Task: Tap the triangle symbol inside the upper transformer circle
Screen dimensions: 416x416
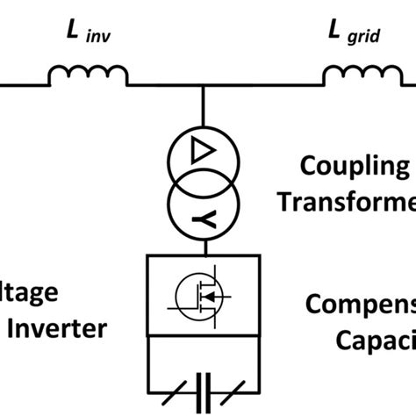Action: [x=204, y=155]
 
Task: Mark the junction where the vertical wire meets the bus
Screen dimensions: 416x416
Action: [x=204, y=86]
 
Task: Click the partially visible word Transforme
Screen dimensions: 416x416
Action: [x=347, y=201]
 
